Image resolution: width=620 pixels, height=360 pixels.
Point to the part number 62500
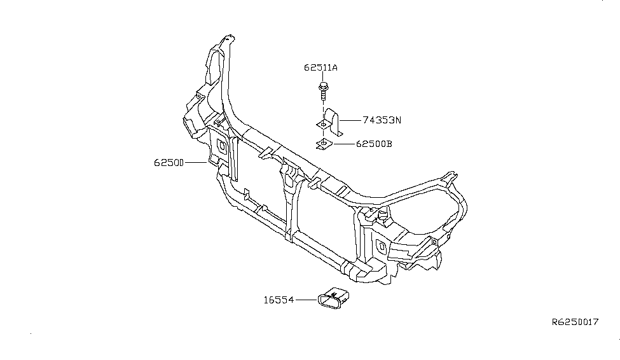[x=169, y=163]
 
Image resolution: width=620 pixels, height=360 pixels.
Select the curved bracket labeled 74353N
[x=331, y=121]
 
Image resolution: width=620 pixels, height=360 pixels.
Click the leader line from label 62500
[x=196, y=163]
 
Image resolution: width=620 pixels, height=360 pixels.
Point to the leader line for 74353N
[x=350, y=120]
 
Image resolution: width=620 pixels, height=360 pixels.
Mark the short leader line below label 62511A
[x=324, y=77]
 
